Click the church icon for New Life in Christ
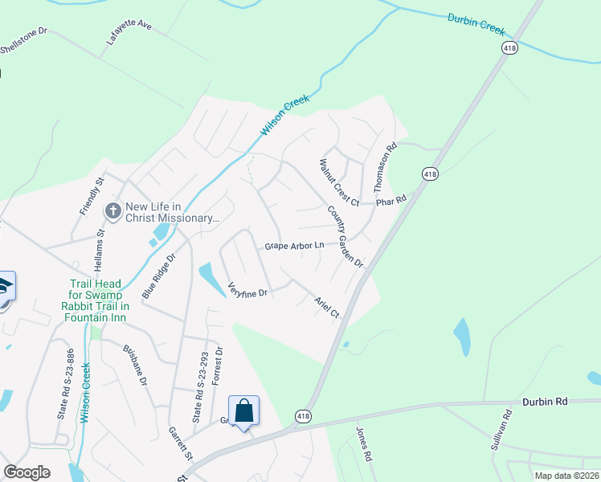pos(113,210)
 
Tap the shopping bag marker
pos(243,411)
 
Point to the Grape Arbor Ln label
pos(295,244)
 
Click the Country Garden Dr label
pos(345,236)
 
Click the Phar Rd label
pos(391,199)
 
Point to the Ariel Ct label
pos(327,305)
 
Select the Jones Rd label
pos(364,443)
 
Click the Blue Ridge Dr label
pos(158,276)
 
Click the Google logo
pos(27,472)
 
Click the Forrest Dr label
pos(215,367)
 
